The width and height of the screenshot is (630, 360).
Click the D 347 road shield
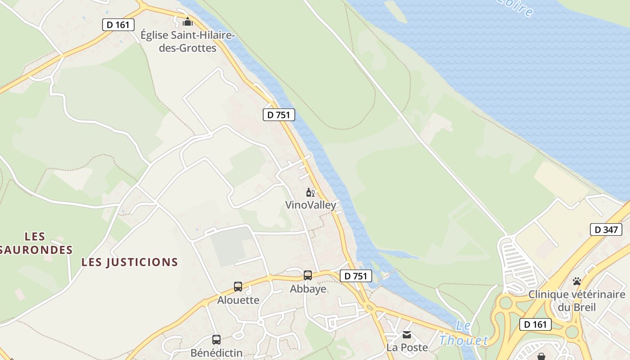coord(606,229)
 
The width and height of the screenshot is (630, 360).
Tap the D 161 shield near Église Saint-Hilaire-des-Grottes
coord(119,24)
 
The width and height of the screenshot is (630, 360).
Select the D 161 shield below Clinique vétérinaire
coord(535,324)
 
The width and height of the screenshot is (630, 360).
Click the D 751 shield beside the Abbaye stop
coord(356,276)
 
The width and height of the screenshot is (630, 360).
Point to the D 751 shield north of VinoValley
coord(279,115)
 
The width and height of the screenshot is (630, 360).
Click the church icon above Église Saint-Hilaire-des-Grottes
coord(187,21)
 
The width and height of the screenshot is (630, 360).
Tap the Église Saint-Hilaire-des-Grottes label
coord(188,41)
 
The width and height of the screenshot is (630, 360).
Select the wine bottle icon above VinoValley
coord(310,193)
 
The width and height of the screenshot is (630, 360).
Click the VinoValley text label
coord(310,205)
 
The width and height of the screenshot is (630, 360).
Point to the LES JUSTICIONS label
coord(130,262)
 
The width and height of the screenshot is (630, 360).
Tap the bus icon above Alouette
coord(238,286)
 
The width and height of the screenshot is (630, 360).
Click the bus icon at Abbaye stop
coord(308,275)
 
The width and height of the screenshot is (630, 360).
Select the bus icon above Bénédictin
coord(216,340)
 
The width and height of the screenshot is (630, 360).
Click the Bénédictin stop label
coord(216,353)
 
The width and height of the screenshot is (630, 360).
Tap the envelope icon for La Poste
coord(407,334)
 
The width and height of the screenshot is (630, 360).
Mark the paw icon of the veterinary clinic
coord(577,282)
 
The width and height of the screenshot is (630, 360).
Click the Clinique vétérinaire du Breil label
coord(577,301)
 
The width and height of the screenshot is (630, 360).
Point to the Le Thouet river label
coord(463,334)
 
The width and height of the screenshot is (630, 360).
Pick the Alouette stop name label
coord(238,300)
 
